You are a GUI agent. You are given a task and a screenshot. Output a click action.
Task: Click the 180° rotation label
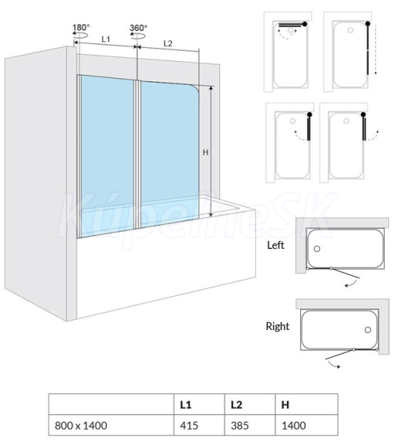point(81,27)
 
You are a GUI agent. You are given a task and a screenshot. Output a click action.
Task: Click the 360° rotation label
point(138,28)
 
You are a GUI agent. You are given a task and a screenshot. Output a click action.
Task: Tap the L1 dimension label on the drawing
point(106,39)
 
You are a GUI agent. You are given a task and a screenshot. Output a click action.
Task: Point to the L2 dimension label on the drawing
point(168,43)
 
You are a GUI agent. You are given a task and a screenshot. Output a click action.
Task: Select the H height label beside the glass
point(205,152)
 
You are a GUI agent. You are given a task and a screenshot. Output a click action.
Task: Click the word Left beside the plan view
point(276,245)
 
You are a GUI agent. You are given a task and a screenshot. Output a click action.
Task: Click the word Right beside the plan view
point(277,326)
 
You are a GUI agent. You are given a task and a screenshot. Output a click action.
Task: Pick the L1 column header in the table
point(186,404)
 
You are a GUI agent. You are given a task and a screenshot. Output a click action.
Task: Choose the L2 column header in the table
point(237,404)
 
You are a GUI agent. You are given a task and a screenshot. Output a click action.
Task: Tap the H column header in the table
point(285,404)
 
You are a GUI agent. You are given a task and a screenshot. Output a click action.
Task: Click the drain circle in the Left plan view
point(317,249)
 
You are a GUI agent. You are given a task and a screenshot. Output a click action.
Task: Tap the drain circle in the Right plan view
point(368,330)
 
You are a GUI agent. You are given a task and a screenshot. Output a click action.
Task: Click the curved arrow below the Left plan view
point(352,284)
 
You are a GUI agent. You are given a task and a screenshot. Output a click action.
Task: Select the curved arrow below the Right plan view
point(333,365)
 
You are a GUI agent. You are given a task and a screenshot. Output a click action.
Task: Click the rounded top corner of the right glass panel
point(196,87)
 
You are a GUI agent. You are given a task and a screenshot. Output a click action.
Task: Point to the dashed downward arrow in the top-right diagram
point(375,49)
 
